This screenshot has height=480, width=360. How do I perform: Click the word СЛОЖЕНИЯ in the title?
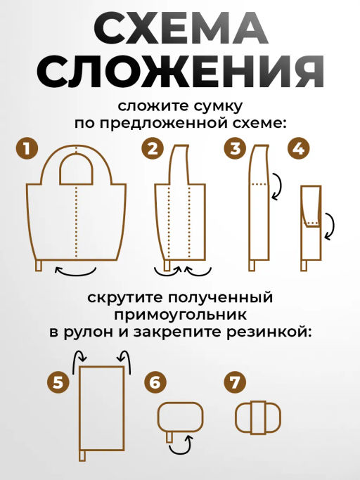[x=180, y=71]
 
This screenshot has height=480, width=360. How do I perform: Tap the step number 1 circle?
[x=27, y=148]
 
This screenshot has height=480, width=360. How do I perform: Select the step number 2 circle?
[x=152, y=148]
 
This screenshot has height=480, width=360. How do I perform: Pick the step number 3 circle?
[x=235, y=148]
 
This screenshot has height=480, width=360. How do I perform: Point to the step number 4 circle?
[x=299, y=148]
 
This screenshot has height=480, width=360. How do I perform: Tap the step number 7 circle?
[x=234, y=382]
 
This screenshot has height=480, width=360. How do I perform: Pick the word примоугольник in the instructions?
[x=180, y=314]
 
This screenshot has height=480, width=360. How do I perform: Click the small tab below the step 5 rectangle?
[x=82, y=456]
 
